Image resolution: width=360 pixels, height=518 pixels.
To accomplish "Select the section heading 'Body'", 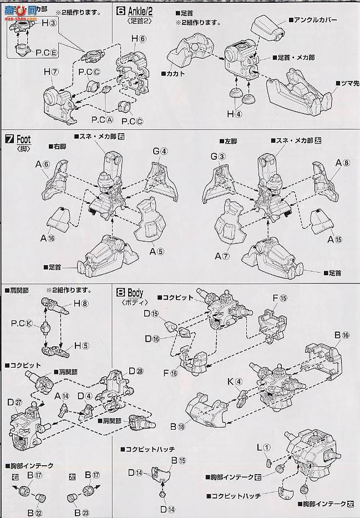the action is [135, 292].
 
